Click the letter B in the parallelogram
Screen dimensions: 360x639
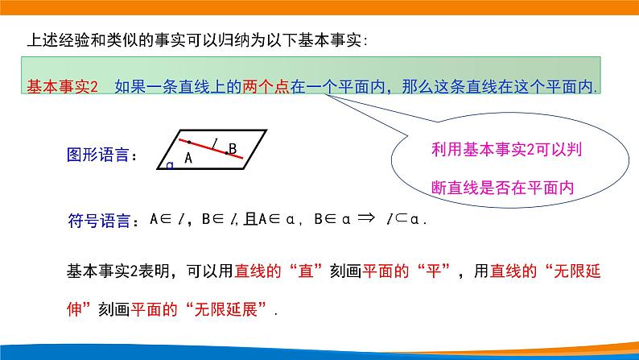(232, 148)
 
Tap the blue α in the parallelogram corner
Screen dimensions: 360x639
(170, 165)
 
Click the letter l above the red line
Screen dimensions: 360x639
(215, 143)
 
